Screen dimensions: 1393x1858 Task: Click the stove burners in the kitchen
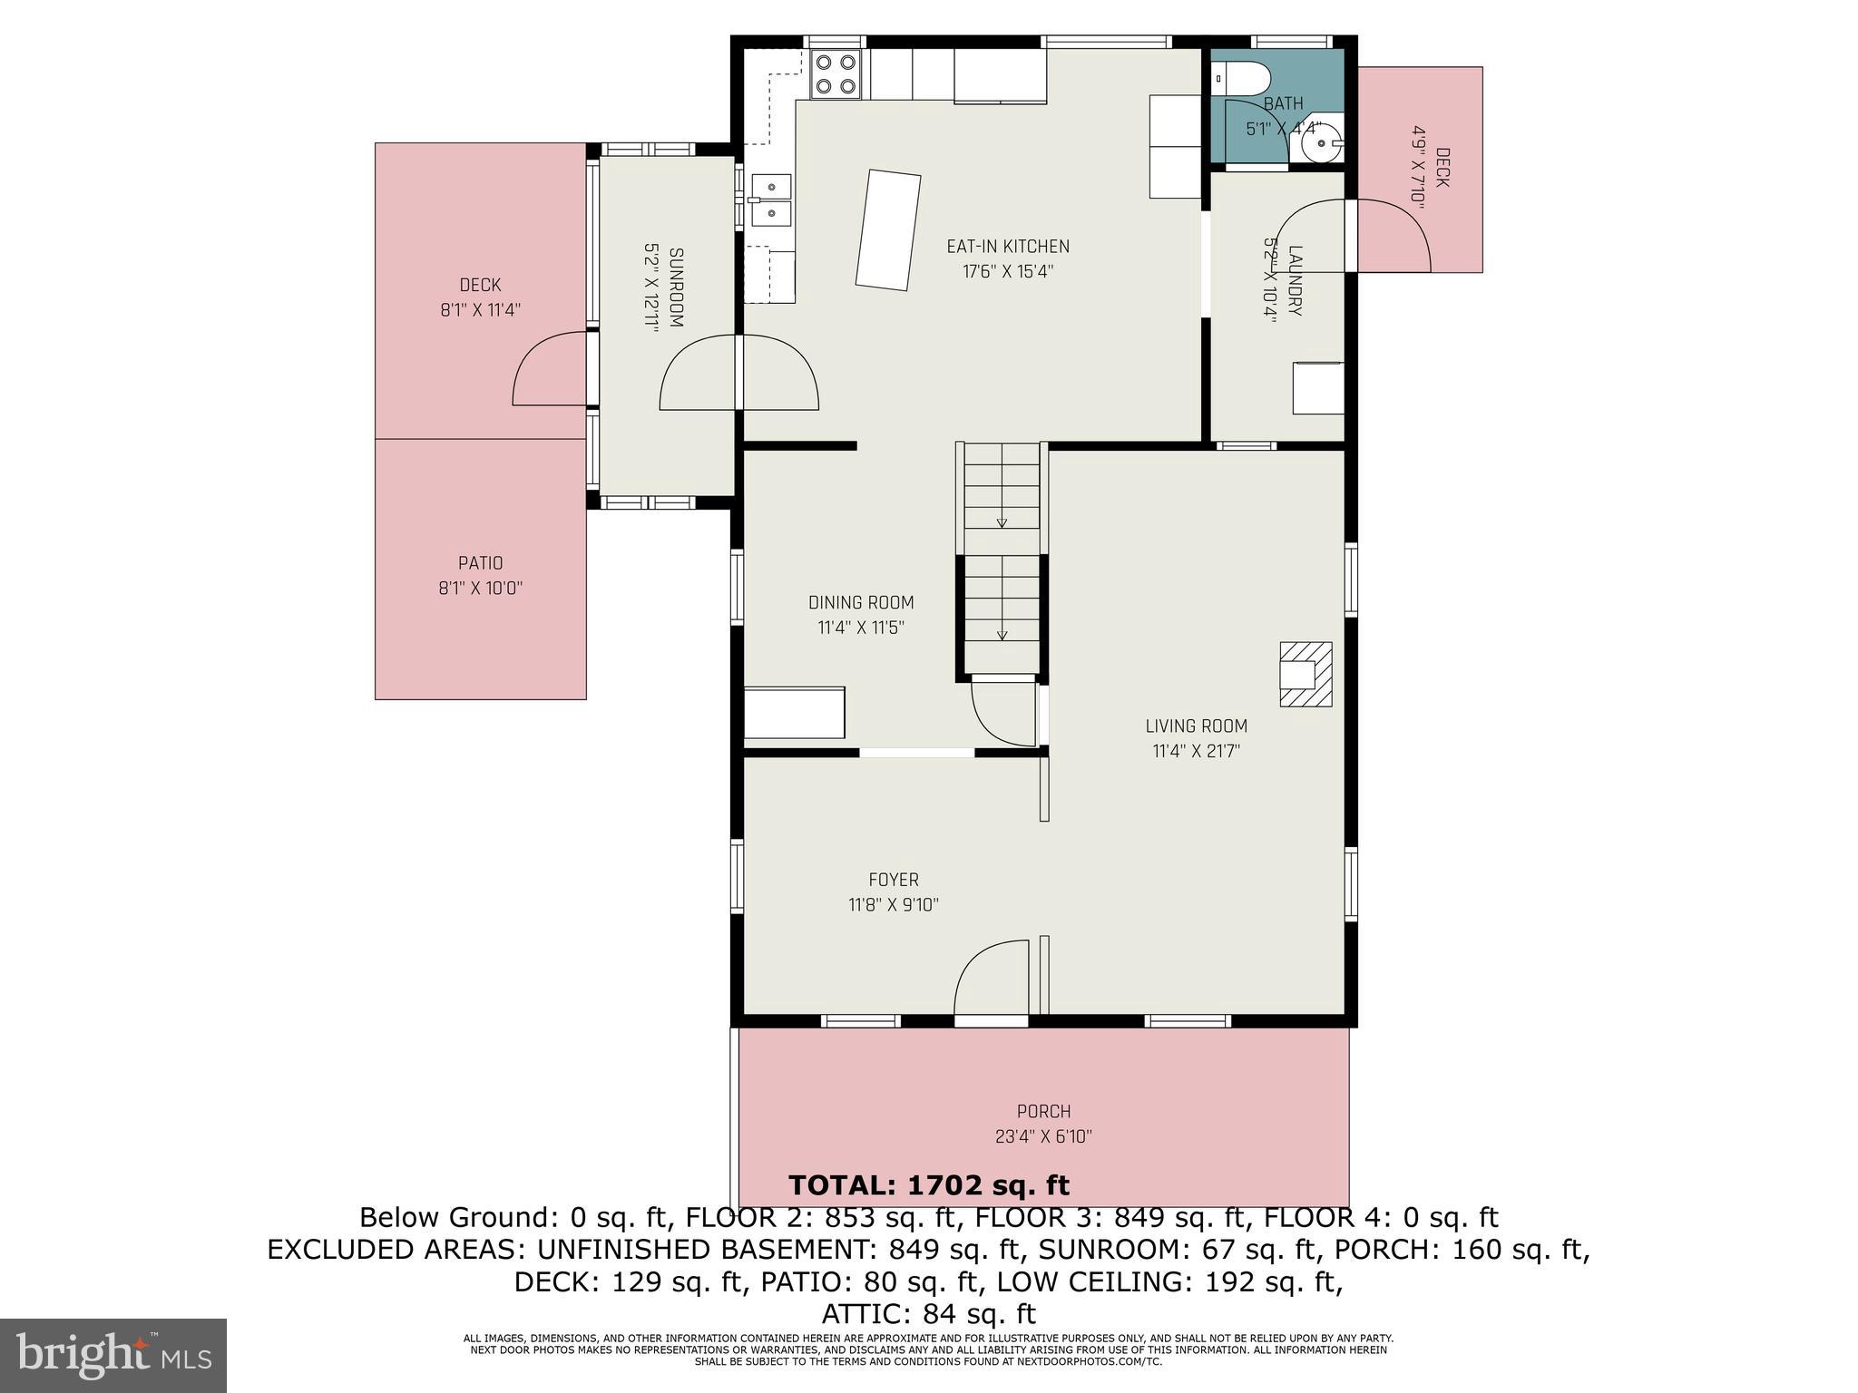836,74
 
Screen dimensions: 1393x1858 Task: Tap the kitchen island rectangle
888,230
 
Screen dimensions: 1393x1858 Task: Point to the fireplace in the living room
1305,674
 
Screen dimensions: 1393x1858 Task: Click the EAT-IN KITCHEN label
1007,247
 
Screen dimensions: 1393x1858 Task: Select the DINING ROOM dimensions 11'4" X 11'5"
860,628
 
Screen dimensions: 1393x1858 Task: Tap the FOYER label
893,880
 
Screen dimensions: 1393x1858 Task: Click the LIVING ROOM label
1196,726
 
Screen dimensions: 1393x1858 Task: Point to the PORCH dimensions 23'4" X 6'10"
1043,1136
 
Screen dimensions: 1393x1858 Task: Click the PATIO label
480,563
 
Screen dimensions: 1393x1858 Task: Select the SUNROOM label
676,287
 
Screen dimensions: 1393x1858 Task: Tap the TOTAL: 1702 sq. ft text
928,1185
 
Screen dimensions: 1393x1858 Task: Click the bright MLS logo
113,1356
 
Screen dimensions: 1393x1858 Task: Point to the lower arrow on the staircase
1002,635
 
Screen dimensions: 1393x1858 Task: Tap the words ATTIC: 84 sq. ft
928,1313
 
